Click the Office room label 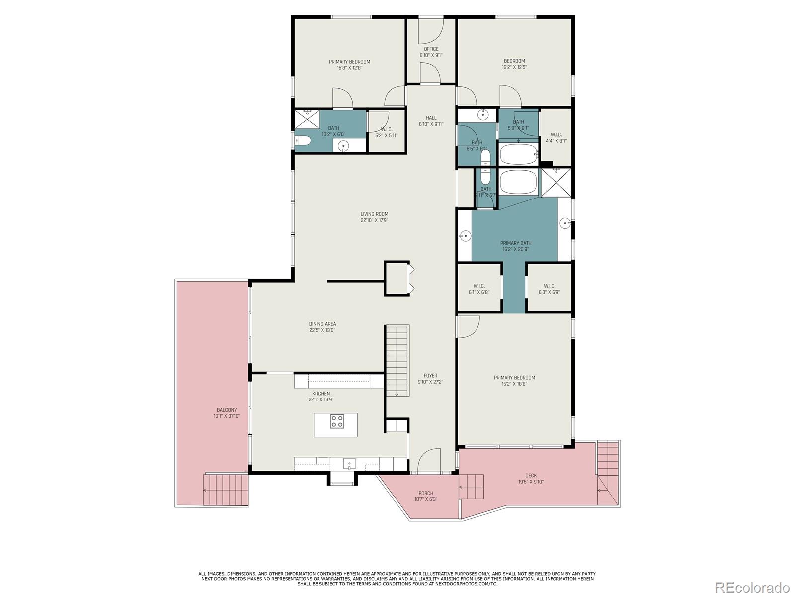pyautogui.click(x=431, y=49)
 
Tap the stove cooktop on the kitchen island pyautogui.click(x=337, y=421)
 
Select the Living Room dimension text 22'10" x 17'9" pyautogui.click(x=374, y=220)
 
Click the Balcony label pyautogui.click(x=227, y=410)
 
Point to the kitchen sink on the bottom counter pyautogui.click(x=349, y=464)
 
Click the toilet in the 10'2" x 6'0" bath pyautogui.click(x=303, y=141)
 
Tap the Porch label pyautogui.click(x=426, y=493)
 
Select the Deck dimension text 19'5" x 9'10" pyautogui.click(x=531, y=482)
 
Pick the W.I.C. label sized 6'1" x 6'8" pyautogui.click(x=479, y=286)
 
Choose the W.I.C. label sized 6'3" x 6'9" pyautogui.click(x=549, y=286)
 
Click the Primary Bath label pyautogui.click(x=515, y=243)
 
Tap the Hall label pyautogui.click(x=431, y=118)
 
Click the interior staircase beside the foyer pyautogui.click(x=397, y=361)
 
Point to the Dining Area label pyautogui.click(x=322, y=324)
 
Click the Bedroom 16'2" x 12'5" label pyautogui.click(x=514, y=61)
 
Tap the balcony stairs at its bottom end pyautogui.click(x=226, y=490)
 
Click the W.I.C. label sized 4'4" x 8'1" pyautogui.click(x=556, y=135)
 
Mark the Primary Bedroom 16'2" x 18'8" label pyautogui.click(x=514, y=378)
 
